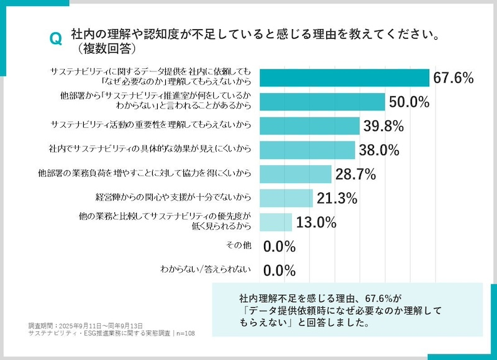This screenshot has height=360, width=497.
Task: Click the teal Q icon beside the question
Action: pos(55,39)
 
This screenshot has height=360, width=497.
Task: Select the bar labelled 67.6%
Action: pos(344,78)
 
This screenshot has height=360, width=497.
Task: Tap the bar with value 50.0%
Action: pos(322,102)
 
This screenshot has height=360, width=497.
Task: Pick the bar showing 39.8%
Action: pos(309,126)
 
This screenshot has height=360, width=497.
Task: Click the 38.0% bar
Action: pos(307,150)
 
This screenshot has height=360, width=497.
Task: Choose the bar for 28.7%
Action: pos(295,174)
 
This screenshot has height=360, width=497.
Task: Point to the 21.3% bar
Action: pos(286,198)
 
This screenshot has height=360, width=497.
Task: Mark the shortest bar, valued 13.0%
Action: pos(275,222)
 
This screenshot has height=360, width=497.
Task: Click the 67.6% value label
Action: pos(454,78)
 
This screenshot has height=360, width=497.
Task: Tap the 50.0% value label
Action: pos(409,102)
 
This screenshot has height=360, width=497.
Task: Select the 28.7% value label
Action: pos(355,175)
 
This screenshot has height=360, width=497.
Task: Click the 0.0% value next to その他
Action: pos(279,246)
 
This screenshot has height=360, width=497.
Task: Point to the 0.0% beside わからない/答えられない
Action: pos(279,270)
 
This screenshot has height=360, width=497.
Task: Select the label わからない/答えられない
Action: pos(205,269)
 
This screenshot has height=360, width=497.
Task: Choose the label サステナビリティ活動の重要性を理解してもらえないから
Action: pos(151,125)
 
